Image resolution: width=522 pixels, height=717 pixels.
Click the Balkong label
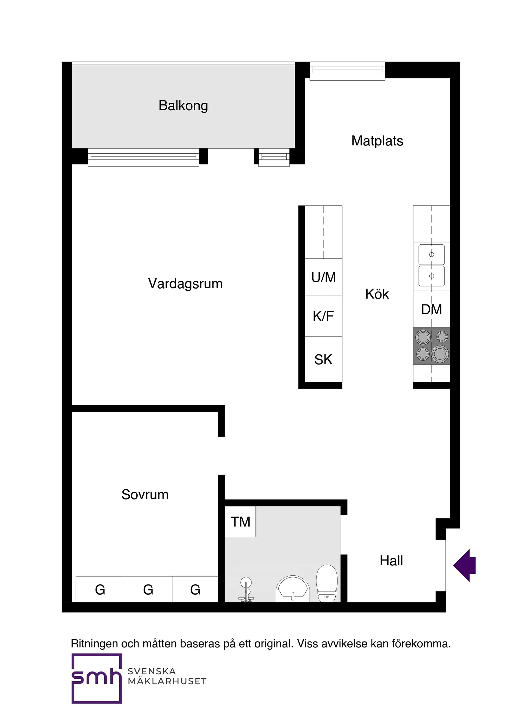pyautogui.click(x=183, y=106)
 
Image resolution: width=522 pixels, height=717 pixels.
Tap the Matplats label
pyautogui.click(x=377, y=141)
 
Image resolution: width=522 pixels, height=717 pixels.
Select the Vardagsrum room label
pyautogui.click(x=185, y=284)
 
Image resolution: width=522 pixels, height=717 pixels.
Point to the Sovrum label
pyautogui.click(x=145, y=494)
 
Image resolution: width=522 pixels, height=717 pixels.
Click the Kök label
pyautogui.click(x=377, y=294)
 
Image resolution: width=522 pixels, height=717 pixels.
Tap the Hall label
pyautogui.click(x=391, y=561)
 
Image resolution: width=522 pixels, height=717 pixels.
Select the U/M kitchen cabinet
pyautogui.click(x=323, y=277)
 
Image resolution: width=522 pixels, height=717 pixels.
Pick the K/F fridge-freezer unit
pyautogui.click(x=323, y=316)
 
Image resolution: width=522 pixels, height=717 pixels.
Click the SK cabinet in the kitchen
pyautogui.click(x=323, y=359)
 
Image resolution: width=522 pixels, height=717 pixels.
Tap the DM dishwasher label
pyautogui.click(x=432, y=309)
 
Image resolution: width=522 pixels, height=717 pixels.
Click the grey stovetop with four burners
pyautogui.click(x=432, y=346)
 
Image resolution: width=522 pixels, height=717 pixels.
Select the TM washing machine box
pyautogui.click(x=240, y=522)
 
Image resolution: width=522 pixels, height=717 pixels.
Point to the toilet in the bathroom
pyautogui.click(x=327, y=583)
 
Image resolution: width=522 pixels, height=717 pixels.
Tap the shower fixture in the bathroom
pyautogui.click(x=246, y=590)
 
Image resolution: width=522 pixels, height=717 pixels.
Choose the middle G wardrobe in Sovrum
pyautogui.click(x=148, y=590)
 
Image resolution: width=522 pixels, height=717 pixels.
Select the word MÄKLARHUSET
pyautogui.click(x=167, y=681)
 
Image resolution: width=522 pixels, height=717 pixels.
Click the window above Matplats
pyautogui.click(x=347, y=71)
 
